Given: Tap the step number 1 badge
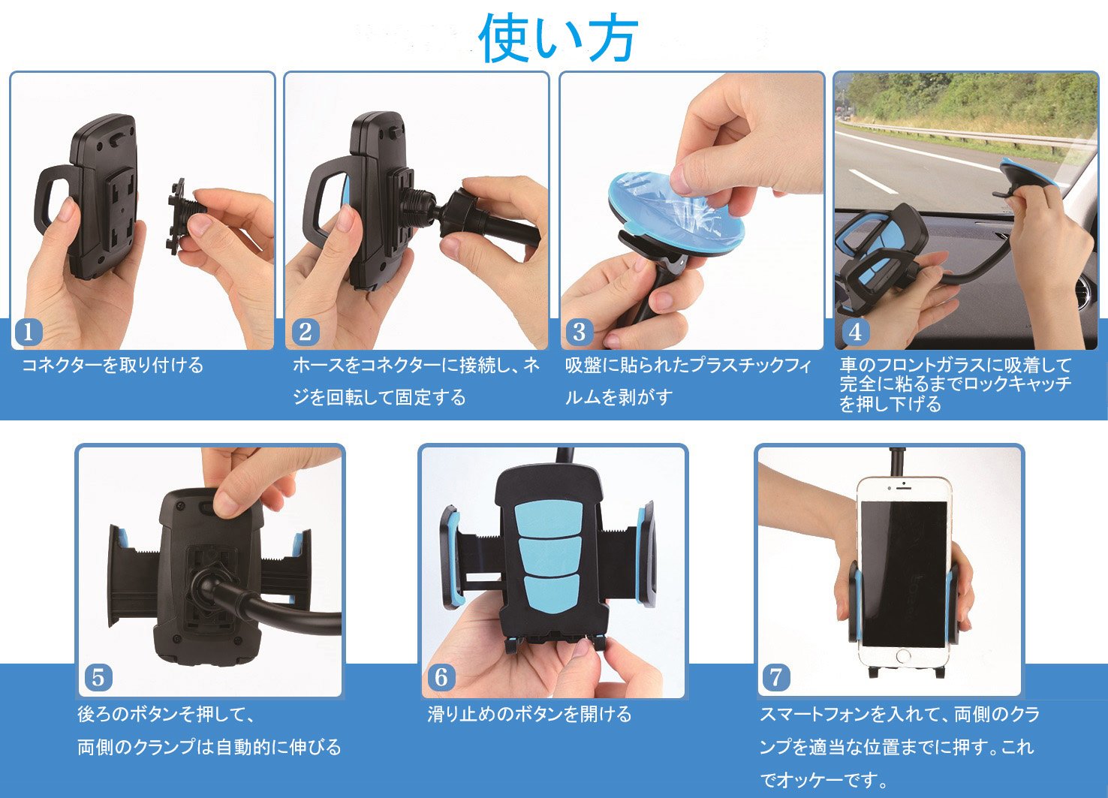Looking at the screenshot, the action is click(29, 332).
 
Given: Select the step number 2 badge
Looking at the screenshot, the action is click(305, 332).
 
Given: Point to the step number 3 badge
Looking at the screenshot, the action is click(579, 332).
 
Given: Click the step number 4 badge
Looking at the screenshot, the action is click(855, 332).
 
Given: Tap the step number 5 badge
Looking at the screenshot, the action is click(98, 677).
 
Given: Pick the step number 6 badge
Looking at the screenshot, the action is click(441, 677).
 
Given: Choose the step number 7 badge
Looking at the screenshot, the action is click(775, 677).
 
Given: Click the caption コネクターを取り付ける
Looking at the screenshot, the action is click(113, 365).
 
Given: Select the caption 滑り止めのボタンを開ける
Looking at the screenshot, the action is click(529, 714).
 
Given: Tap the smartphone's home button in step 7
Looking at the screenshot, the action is click(903, 657).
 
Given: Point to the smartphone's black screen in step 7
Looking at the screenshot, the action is click(905, 574).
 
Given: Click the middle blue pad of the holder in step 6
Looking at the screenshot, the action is click(549, 554).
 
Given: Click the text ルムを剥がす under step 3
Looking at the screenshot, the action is click(619, 397).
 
